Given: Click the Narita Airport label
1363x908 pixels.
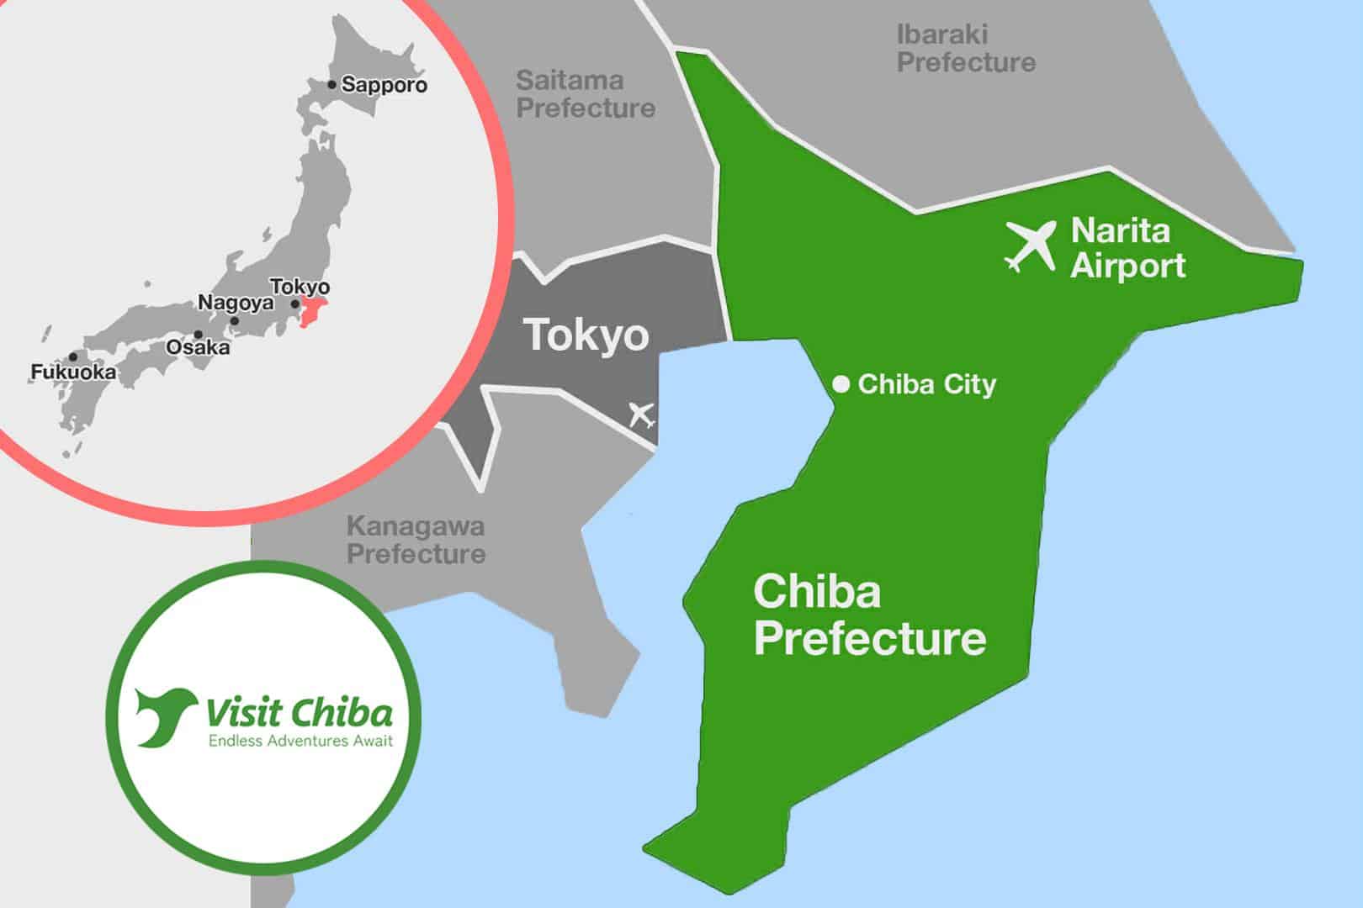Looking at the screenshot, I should pyautogui.click(x=1127, y=248).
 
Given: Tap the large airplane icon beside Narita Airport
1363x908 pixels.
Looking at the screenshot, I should pyautogui.click(x=1031, y=245).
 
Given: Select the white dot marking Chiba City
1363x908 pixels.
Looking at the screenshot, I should pyautogui.click(x=841, y=384).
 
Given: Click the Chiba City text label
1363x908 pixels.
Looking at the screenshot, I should pyautogui.click(x=926, y=384).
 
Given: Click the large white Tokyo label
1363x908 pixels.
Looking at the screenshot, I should pyautogui.click(x=586, y=335).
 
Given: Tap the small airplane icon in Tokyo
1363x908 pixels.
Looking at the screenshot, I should pyautogui.click(x=642, y=414).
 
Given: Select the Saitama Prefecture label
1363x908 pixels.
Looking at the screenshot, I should pyautogui.click(x=586, y=94).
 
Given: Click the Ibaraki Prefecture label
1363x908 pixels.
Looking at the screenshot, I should pyautogui.click(x=966, y=48).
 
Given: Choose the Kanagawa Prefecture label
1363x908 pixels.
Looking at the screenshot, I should pyautogui.click(x=416, y=540).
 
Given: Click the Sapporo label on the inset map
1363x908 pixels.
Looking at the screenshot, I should pyautogui.click(x=385, y=85).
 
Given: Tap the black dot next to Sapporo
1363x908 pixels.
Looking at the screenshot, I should pyautogui.click(x=332, y=85).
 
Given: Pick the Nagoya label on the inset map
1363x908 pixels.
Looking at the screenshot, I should pyautogui.click(x=236, y=303).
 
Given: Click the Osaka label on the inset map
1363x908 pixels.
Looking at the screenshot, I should pyautogui.click(x=198, y=347).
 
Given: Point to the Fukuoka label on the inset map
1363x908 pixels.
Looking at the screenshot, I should pyautogui.click(x=73, y=372).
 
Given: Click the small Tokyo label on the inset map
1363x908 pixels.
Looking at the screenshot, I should pyautogui.click(x=300, y=287).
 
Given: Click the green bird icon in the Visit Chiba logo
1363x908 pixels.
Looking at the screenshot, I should pyautogui.click(x=166, y=715).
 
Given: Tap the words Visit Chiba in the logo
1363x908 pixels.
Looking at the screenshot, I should pyautogui.click(x=300, y=713).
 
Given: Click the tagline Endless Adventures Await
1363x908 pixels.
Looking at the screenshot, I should pyautogui.click(x=300, y=741).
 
